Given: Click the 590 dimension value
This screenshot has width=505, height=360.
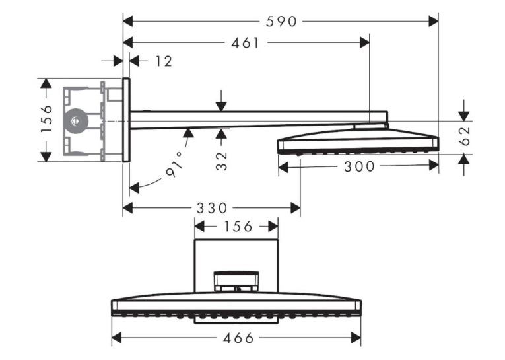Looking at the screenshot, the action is click(x=281, y=22).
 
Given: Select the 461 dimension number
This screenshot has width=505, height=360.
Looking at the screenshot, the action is click(x=245, y=43).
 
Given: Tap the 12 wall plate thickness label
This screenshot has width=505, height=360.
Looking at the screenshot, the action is click(x=164, y=61).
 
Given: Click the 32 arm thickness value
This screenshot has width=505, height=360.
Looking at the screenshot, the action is click(x=222, y=161).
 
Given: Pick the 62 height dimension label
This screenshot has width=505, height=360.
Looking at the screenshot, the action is click(x=466, y=136).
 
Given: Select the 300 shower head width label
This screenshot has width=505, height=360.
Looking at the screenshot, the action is click(x=359, y=167).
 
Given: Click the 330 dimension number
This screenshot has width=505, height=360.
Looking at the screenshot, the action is click(x=212, y=208).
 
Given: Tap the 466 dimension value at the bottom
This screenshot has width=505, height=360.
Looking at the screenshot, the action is click(x=238, y=338).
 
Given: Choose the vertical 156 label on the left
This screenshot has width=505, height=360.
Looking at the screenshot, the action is click(x=46, y=119).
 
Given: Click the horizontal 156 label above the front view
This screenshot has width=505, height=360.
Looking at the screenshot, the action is click(x=238, y=227).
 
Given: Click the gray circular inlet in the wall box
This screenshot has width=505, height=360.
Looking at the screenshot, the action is click(x=76, y=121).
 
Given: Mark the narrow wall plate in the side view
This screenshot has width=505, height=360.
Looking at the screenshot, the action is click(x=126, y=120).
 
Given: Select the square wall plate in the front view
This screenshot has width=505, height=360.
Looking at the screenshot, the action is click(x=236, y=266).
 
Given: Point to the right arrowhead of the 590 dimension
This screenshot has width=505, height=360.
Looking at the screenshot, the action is click(x=434, y=22).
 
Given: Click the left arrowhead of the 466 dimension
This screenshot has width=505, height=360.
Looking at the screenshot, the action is click(x=116, y=338).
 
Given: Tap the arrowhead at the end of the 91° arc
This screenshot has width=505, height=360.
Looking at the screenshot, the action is click(x=134, y=188).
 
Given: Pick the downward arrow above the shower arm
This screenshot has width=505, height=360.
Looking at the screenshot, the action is click(x=221, y=101).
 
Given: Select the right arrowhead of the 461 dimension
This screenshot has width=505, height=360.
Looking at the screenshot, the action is click(x=364, y=42).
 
